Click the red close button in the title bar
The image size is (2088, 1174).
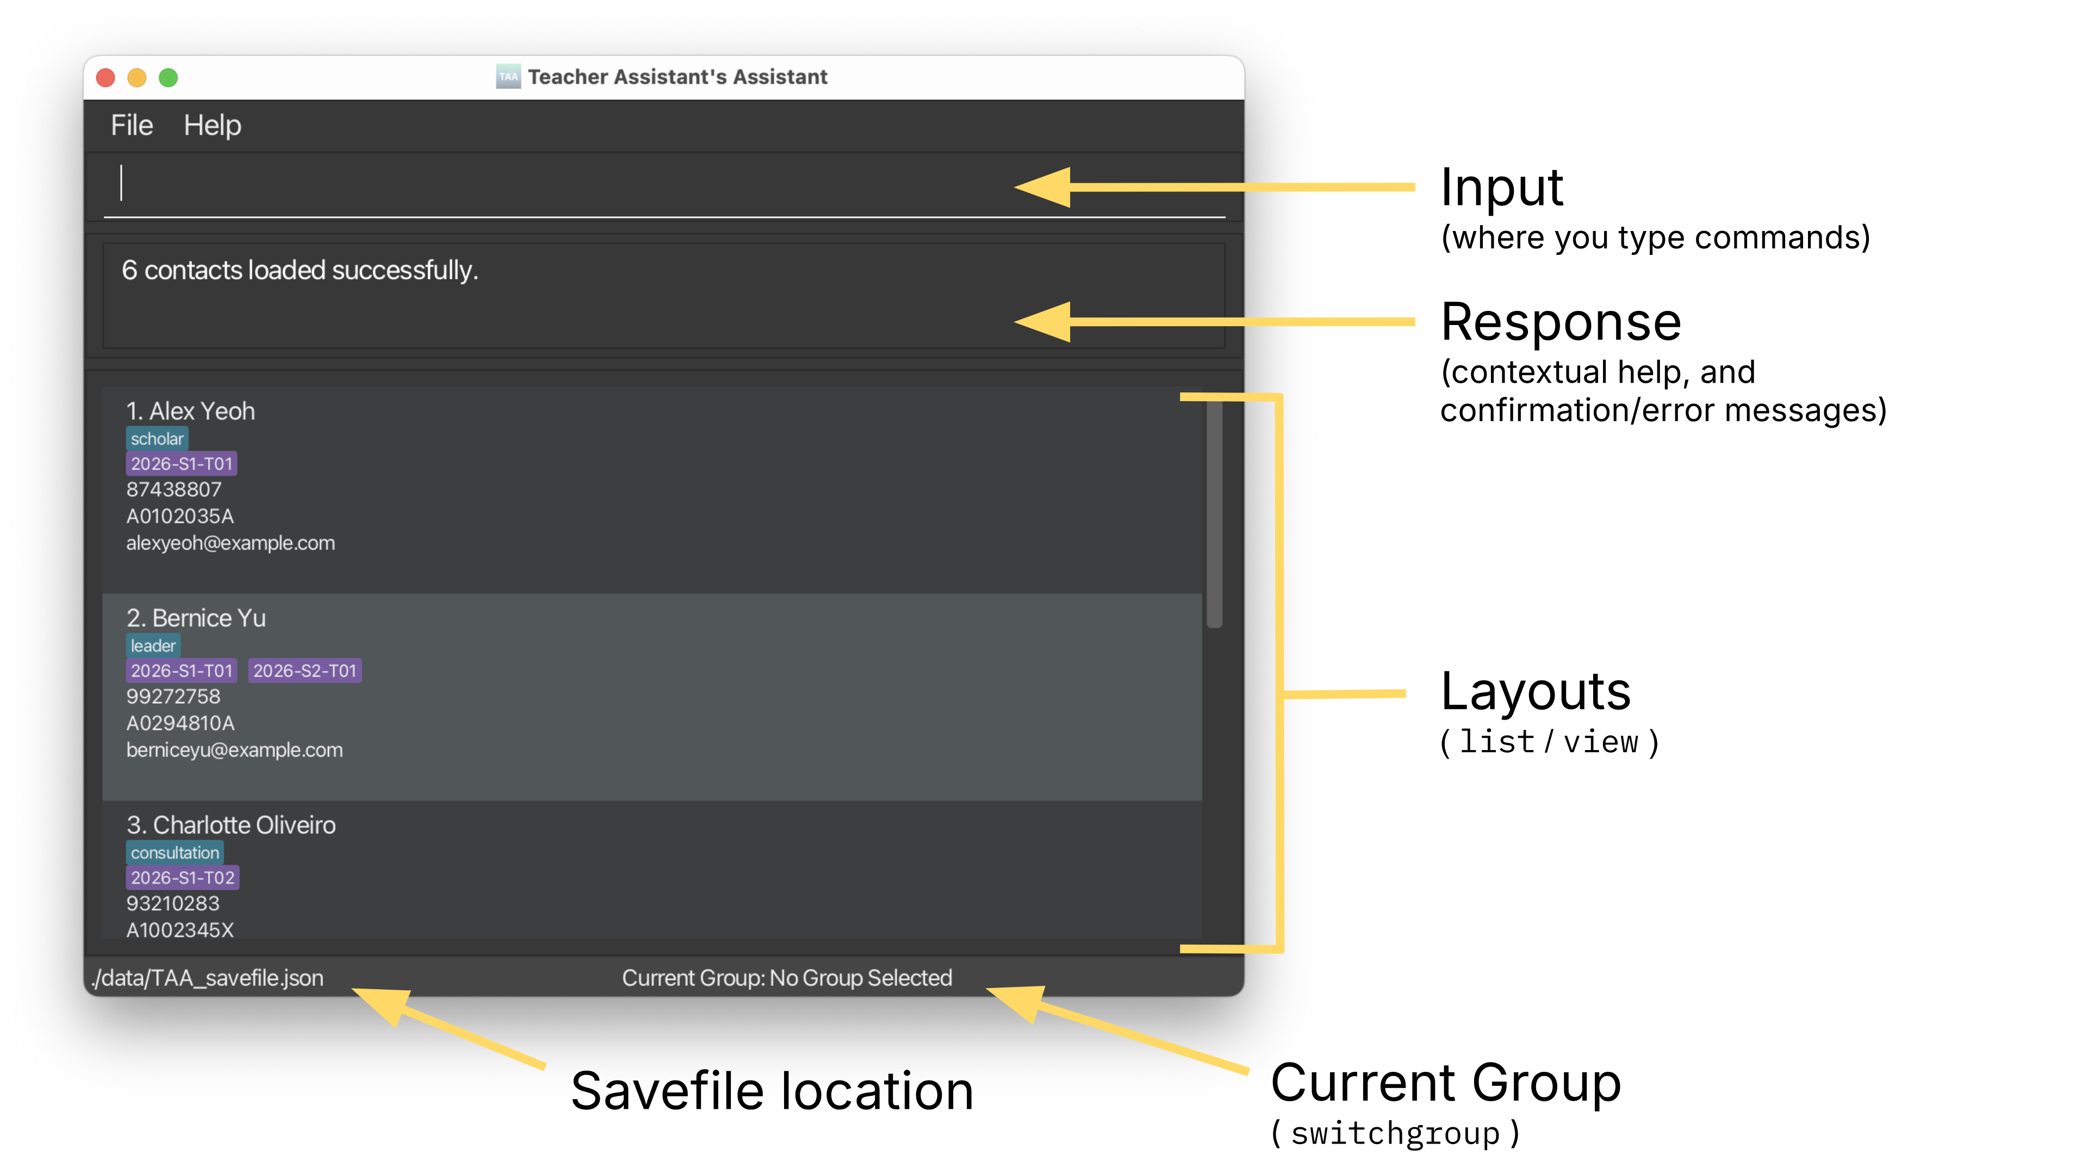[x=105, y=78]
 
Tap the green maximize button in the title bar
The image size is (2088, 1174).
[x=168, y=78]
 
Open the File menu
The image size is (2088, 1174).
[x=131, y=126]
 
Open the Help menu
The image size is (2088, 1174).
[x=213, y=126]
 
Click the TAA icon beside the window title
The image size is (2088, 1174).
[x=508, y=77]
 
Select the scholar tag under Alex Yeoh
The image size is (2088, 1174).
[x=157, y=438]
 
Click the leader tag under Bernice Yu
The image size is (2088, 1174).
[x=153, y=646]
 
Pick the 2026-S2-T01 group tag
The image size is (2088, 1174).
[x=304, y=671]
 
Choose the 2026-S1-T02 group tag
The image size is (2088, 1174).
[x=182, y=877]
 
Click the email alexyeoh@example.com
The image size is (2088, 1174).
[x=230, y=543]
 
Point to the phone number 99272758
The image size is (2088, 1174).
[x=173, y=696]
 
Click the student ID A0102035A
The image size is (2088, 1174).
[x=180, y=516]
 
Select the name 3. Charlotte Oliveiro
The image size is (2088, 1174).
[x=231, y=825]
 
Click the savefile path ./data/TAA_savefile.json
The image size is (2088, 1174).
[x=208, y=978]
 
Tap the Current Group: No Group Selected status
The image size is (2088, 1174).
[x=786, y=978]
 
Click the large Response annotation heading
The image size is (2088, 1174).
[x=1561, y=322]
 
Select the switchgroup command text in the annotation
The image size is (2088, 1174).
[x=1395, y=1133]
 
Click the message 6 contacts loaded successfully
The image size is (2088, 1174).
[x=300, y=270]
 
